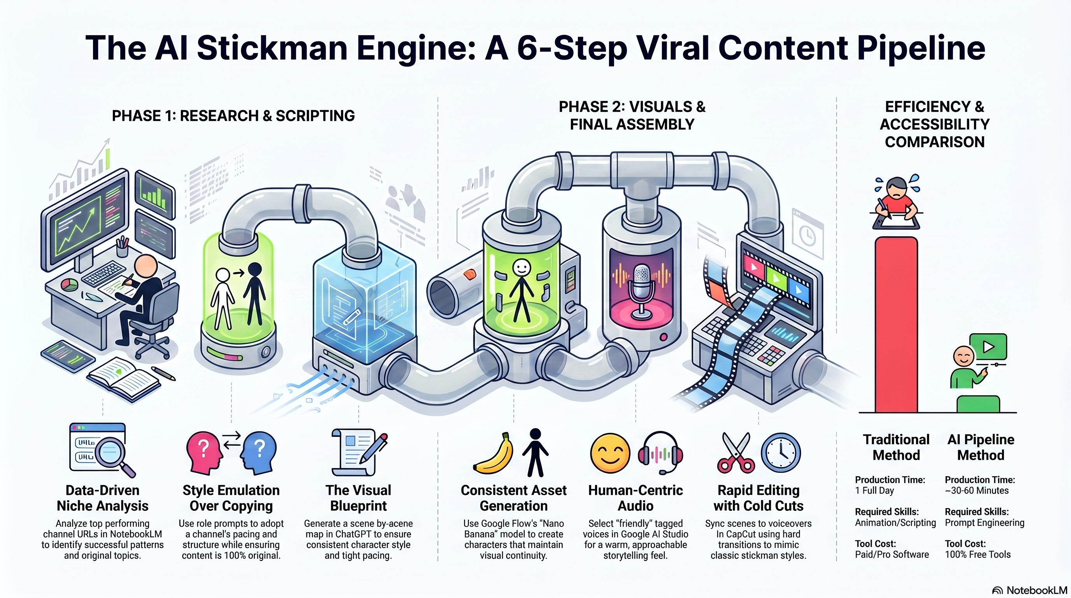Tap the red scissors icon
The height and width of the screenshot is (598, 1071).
(x=736, y=453)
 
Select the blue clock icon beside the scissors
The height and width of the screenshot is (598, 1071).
(x=781, y=453)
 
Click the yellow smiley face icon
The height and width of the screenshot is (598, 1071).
(x=610, y=453)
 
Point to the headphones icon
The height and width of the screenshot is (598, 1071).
(x=660, y=453)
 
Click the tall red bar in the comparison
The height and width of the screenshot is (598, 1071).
(x=896, y=324)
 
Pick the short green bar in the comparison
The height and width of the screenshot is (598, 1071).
(x=978, y=404)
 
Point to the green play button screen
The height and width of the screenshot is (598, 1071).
(x=988, y=346)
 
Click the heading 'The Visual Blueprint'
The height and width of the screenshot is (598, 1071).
(x=358, y=498)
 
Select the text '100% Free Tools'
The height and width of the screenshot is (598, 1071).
(x=978, y=554)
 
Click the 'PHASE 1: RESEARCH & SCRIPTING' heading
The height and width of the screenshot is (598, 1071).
(x=233, y=116)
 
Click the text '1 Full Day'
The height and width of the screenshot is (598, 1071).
(x=874, y=491)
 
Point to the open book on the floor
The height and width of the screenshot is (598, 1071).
(x=123, y=378)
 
